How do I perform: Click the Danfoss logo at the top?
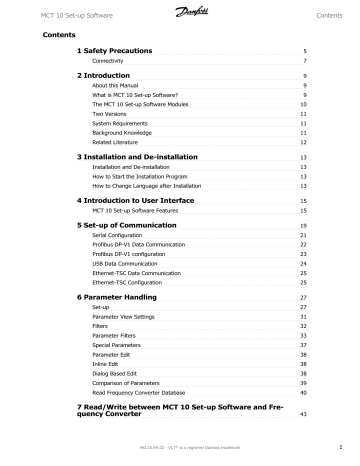click(x=180, y=13)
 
